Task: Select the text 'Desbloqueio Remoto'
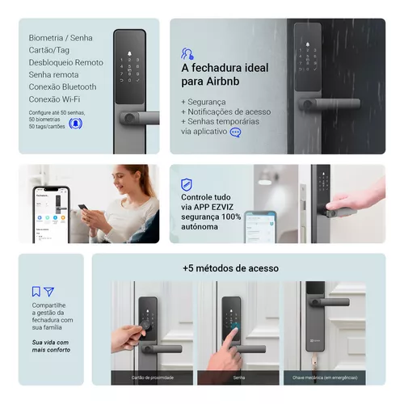click(x=65, y=62)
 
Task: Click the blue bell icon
click(x=75, y=123)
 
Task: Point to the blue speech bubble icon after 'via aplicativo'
click(x=236, y=132)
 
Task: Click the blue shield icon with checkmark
click(x=187, y=184)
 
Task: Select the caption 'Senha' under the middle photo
click(x=238, y=377)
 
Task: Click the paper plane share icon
click(x=48, y=292)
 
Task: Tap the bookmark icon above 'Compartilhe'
click(x=36, y=292)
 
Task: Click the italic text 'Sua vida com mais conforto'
click(x=51, y=347)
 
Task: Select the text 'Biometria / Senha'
click(x=61, y=38)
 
